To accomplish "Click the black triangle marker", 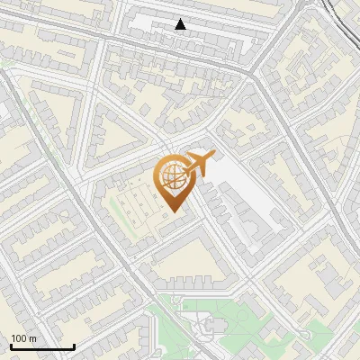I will coord(181,24).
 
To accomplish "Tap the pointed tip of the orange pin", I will coord(172,211).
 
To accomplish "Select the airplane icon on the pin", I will coord(199,164).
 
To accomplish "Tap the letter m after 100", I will coord(32,338).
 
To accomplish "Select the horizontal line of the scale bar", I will coord(41,346).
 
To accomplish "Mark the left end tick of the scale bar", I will coord(11,346).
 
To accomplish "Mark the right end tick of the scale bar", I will coord(73,346).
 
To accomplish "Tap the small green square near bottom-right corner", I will coord(320,336).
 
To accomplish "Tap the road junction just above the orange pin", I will coord(167,144).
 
